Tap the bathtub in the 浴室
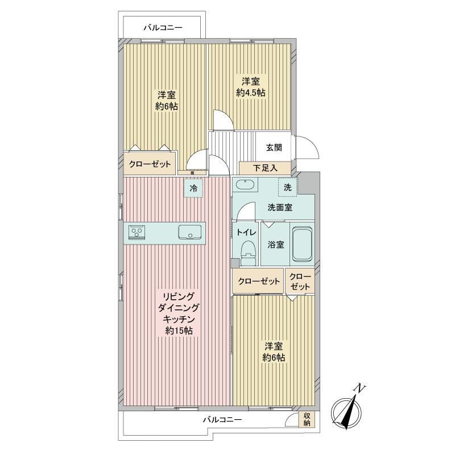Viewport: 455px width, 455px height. [302, 244]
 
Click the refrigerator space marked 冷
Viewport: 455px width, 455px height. [193, 188]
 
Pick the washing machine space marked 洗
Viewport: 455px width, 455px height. [288, 187]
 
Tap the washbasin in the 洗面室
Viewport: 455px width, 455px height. [246, 185]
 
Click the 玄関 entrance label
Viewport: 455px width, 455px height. [274, 148]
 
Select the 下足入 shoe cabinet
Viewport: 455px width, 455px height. [265, 168]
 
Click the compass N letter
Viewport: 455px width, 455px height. [361, 388]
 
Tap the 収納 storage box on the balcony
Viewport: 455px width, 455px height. [307, 419]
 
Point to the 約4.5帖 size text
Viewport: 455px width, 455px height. [251, 93]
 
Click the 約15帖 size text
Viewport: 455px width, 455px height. [179, 330]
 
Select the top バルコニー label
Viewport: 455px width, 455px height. [163, 28]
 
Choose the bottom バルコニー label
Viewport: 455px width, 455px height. [222, 420]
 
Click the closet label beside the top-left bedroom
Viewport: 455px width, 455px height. [150, 164]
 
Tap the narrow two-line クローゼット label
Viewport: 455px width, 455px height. [300, 281]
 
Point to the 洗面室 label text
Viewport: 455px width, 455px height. [280, 208]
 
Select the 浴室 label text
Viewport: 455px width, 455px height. [276, 245]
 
